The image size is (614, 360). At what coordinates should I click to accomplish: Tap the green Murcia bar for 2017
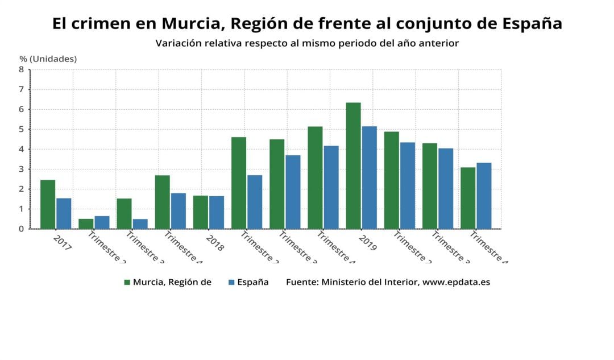point(48,204)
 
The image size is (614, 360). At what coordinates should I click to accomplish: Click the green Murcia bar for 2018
point(200,212)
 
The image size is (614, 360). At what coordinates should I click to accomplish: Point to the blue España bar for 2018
point(217,212)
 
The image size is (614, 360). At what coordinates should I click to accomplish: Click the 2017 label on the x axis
point(62,242)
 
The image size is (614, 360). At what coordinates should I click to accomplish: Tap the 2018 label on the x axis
point(215,242)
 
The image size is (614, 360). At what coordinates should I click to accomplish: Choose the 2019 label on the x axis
point(368,242)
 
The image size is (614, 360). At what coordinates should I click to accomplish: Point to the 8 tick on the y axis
point(21,69)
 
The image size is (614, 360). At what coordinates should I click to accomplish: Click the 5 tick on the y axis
point(21,129)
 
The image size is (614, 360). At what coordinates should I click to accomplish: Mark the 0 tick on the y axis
point(21,229)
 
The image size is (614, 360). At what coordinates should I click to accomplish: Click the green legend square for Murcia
point(127,282)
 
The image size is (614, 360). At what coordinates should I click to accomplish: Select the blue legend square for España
point(231,282)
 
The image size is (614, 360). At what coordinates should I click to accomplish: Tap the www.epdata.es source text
point(456,282)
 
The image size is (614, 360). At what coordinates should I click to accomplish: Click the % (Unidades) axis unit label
point(48,59)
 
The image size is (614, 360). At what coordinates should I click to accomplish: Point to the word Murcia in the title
point(188,23)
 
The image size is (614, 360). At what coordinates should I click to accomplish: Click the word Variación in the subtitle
point(179,43)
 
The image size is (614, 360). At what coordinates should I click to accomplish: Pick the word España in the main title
point(533,23)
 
